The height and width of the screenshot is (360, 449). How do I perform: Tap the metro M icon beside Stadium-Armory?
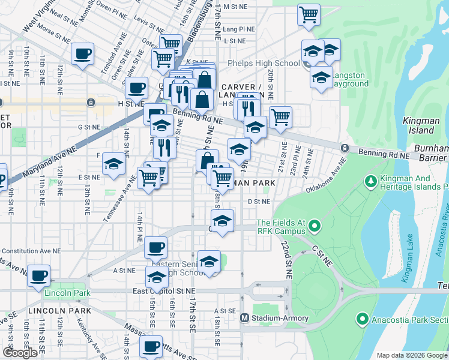[244, 318]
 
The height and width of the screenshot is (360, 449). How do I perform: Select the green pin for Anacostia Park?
[361, 319]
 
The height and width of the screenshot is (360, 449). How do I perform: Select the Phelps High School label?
[263, 64]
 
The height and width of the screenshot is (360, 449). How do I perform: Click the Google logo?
[20, 353]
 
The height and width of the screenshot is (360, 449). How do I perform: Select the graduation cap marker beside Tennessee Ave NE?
[113, 163]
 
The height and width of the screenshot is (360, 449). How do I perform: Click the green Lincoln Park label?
[67, 293]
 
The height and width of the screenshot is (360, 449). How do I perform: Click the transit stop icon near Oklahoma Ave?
[345, 148]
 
